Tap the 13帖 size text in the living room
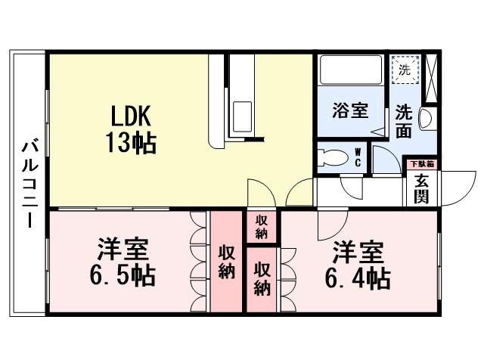133,141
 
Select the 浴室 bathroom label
351,110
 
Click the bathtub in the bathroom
351,70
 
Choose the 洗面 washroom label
404,121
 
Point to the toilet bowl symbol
333,159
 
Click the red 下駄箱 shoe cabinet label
421,164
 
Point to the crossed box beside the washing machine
431,78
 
